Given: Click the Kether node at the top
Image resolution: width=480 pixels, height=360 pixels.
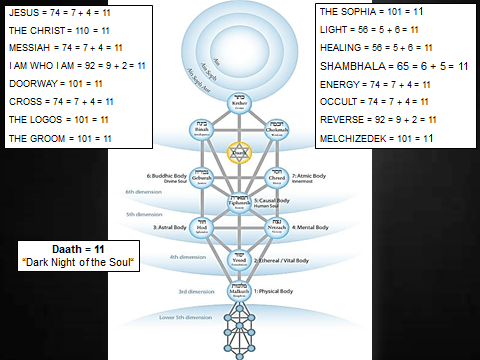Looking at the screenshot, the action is (x=239, y=104).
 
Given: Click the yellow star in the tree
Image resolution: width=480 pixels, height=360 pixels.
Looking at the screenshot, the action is (x=238, y=152).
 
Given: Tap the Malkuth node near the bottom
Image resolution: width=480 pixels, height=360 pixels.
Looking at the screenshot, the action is (x=239, y=292).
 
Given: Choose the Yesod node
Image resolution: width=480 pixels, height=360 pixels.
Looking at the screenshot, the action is (x=239, y=257).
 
